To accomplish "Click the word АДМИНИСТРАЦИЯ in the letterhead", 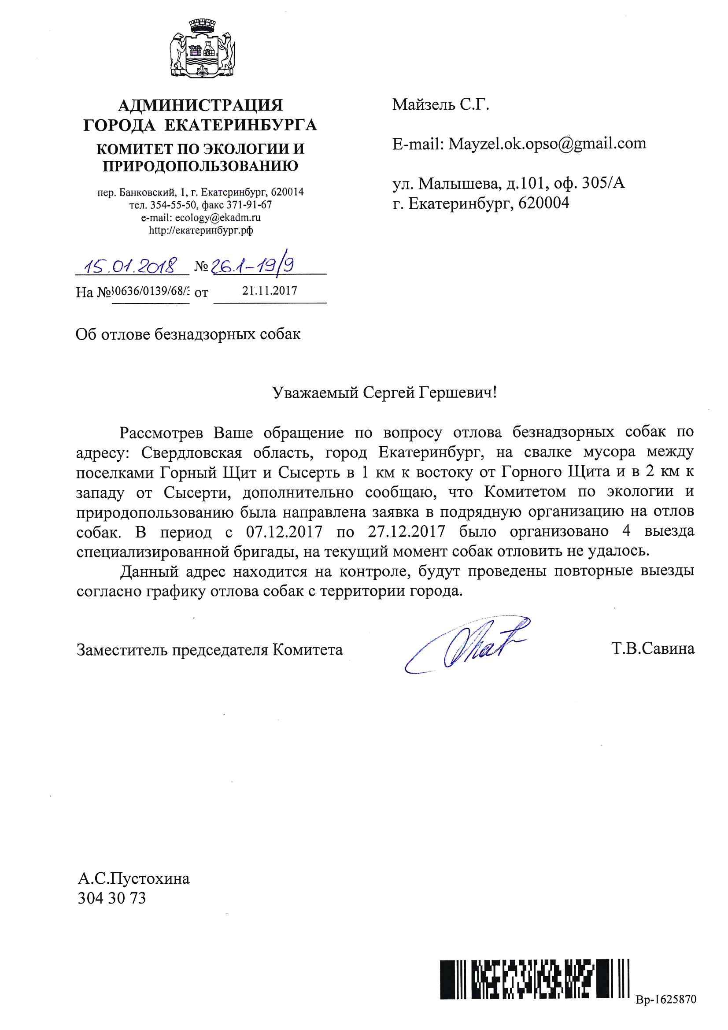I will coord(200,105).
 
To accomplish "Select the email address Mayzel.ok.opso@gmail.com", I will coord(547,144).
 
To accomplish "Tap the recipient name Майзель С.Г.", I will coord(440,105).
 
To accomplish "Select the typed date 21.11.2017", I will coord(270,291).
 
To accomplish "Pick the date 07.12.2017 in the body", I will coord(284,532).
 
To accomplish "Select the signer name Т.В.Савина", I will coord(653,648).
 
